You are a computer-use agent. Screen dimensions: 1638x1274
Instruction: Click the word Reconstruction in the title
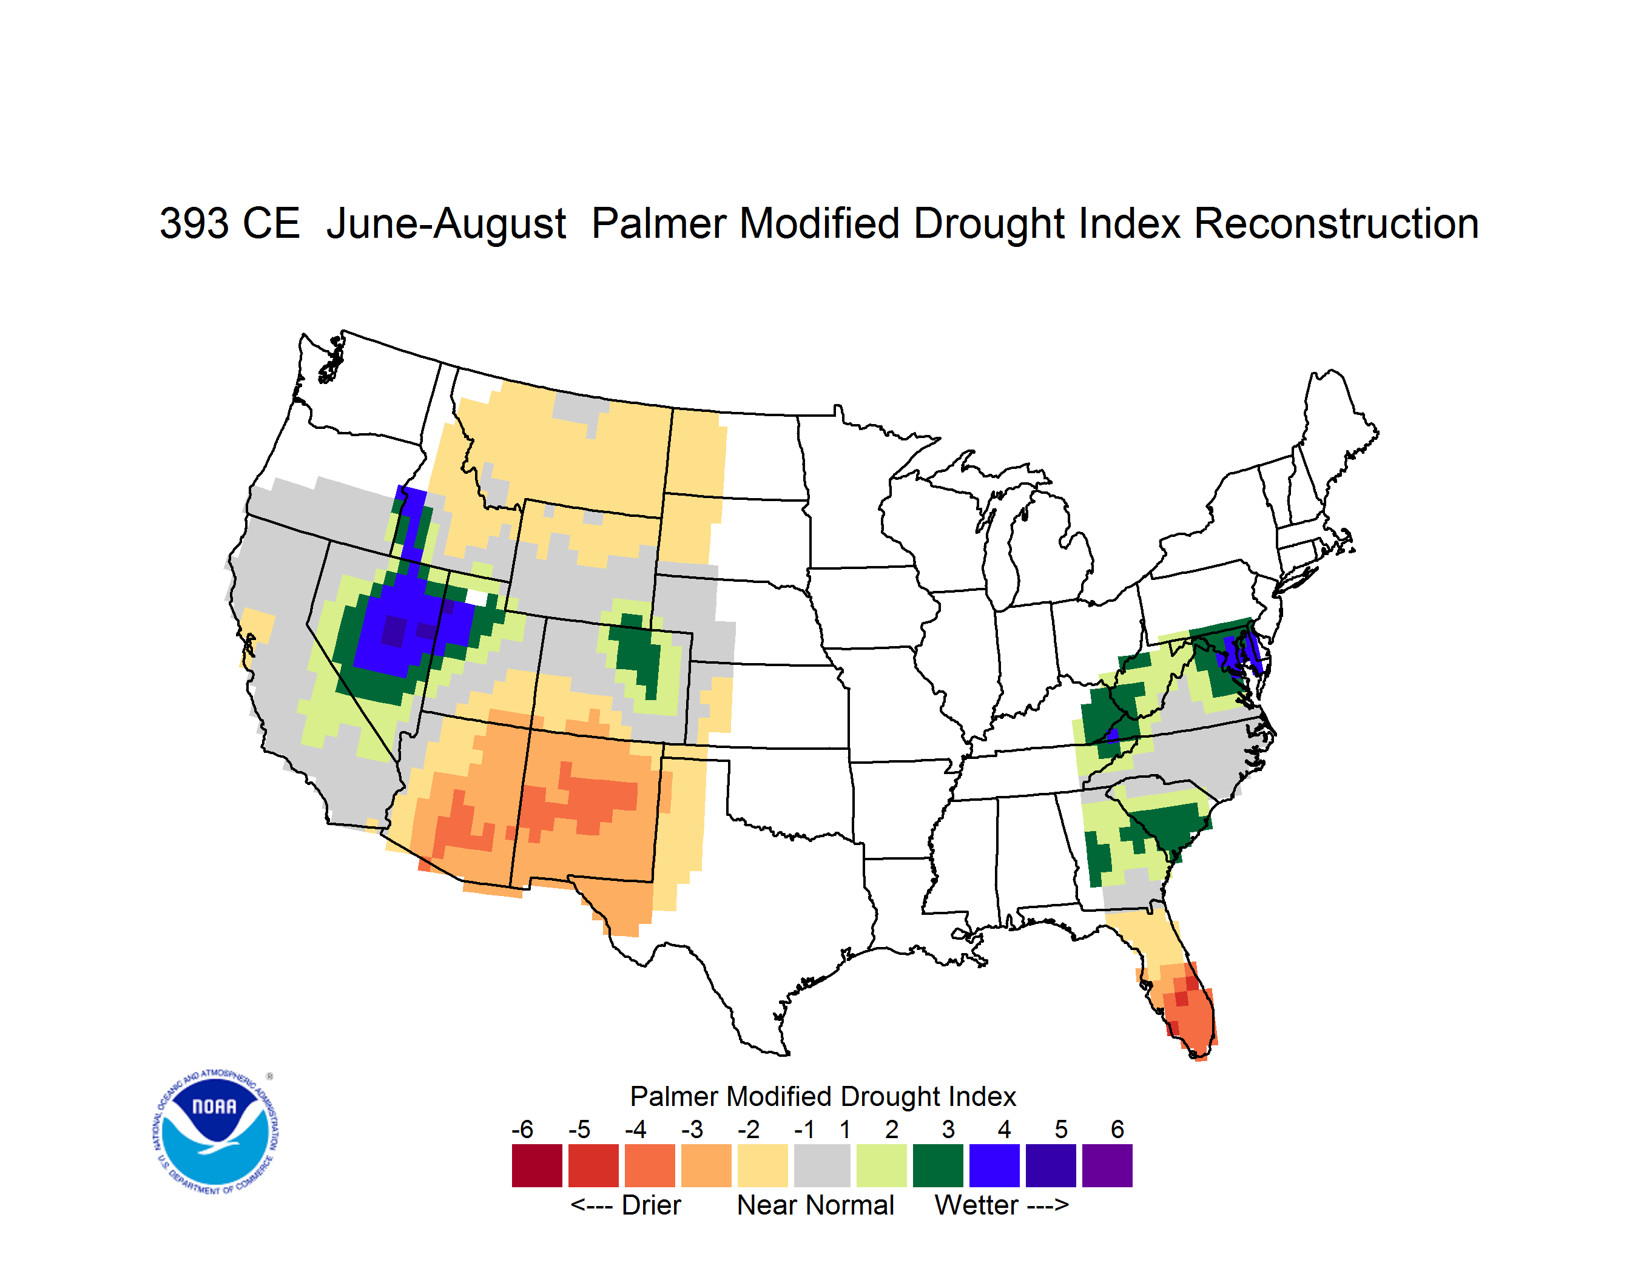point(1336,223)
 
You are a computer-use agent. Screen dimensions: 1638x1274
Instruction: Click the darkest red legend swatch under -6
point(537,1165)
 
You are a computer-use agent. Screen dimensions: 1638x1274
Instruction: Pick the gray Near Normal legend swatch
point(822,1165)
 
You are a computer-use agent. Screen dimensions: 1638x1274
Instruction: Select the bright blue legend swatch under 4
point(994,1165)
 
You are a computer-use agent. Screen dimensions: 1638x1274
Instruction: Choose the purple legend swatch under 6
point(1107,1165)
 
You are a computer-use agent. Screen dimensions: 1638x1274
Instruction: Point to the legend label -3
point(692,1129)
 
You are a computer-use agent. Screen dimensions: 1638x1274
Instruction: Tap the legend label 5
point(1060,1129)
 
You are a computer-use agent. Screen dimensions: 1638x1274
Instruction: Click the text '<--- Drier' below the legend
point(625,1205)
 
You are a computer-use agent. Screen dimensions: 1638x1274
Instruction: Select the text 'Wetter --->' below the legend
point(1001,1205)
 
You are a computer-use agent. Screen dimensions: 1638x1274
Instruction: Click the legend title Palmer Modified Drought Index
point(823,1096)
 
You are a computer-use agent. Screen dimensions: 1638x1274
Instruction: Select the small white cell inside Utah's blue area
point(476,597)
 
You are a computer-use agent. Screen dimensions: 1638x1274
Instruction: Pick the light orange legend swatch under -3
point(706,1165)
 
